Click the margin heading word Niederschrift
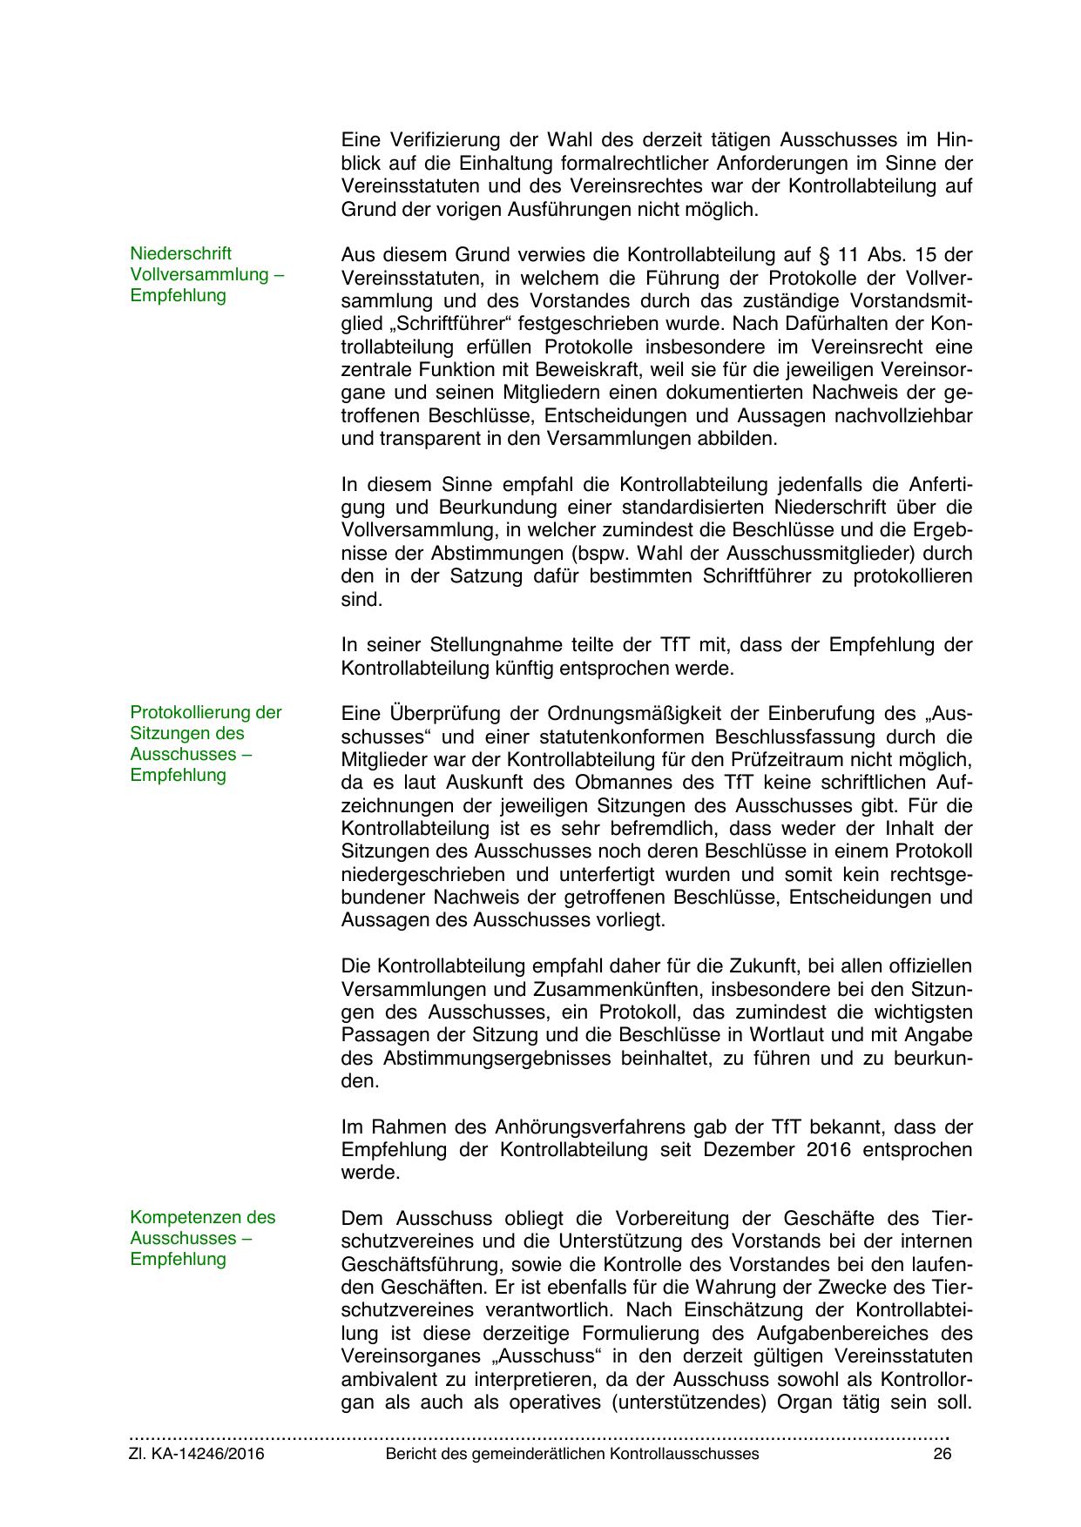click(x=181, y=253)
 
